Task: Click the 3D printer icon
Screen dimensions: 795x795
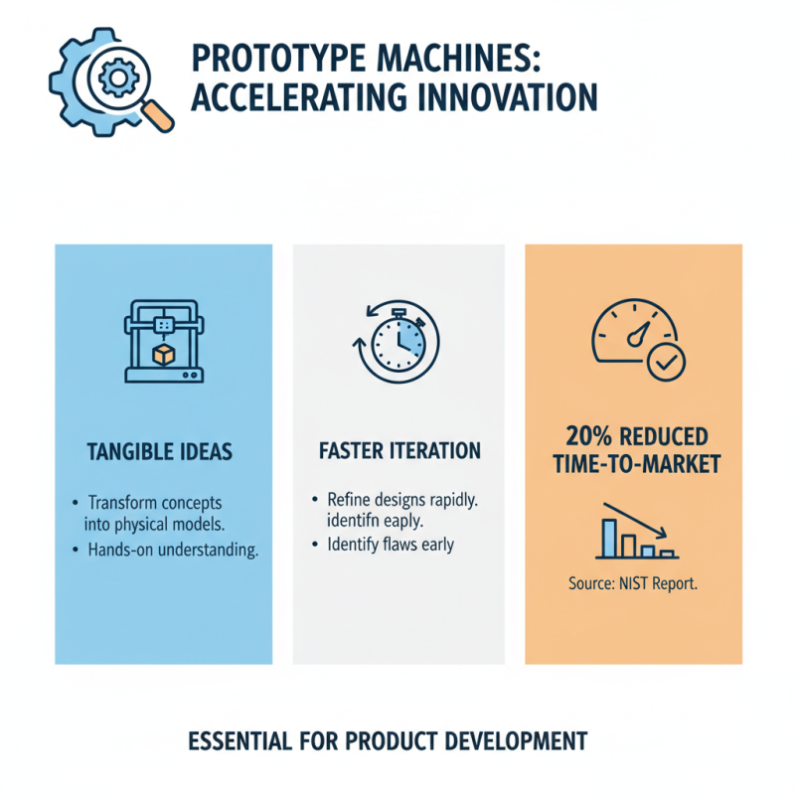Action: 163,342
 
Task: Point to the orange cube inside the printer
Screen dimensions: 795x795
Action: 163,355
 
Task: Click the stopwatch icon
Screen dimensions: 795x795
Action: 397,343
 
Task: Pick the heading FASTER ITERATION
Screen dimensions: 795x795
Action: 399,451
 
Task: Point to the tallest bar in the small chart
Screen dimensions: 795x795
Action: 608,536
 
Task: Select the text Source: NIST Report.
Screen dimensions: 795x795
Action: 633,584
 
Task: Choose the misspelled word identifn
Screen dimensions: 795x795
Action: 356,521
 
